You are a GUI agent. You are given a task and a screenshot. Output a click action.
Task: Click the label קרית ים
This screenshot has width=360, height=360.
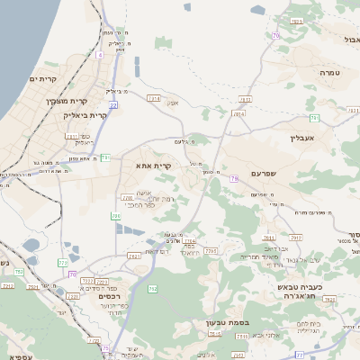(42, 80)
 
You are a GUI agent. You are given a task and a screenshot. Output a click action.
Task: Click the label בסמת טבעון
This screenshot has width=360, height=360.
(239, 320)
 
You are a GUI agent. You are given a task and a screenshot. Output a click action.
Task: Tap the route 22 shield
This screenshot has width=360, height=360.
(114, 105)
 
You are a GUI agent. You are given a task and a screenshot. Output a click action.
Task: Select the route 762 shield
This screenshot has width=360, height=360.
(153, 288)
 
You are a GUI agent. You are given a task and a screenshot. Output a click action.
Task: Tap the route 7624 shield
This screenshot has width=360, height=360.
(189, 242)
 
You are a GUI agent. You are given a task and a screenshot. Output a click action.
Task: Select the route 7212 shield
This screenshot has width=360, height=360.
(7, 285)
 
